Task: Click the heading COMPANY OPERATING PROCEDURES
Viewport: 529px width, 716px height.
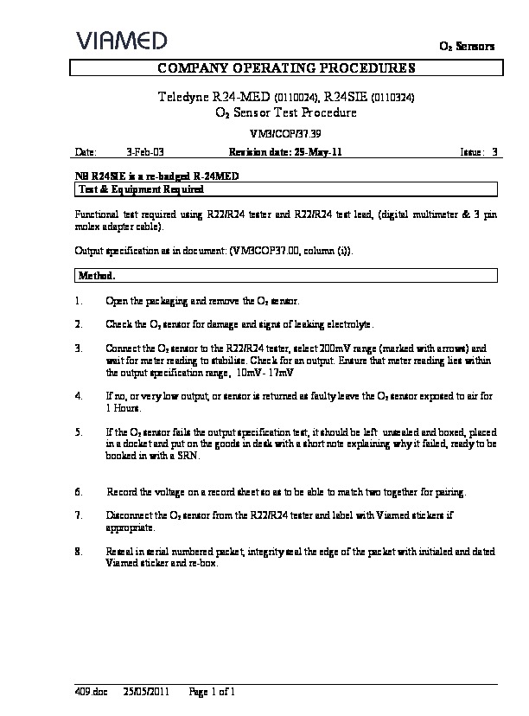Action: (x=285, y=67)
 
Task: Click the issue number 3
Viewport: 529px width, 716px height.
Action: (x=494, y=152)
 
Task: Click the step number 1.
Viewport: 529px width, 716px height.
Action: (x=79, y=300)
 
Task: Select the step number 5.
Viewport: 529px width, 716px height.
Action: (x=79, y=430)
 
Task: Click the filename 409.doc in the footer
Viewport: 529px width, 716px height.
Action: (x=87, y=692)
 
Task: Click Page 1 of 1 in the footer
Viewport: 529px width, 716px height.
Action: (x=211, y=692)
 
